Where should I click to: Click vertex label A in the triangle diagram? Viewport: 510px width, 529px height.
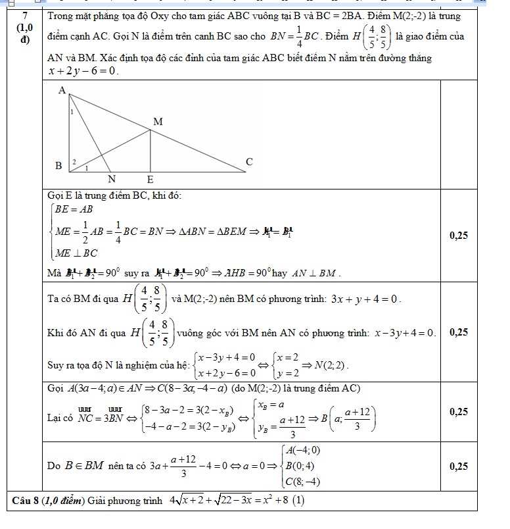63,91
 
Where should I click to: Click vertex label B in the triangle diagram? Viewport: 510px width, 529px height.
58,166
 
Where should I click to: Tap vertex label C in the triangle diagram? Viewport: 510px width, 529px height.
248,161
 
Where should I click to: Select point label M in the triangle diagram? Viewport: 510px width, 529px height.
157,122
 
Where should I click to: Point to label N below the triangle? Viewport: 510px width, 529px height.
111,180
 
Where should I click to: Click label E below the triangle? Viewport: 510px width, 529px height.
150,180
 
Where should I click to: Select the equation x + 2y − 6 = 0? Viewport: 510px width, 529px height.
82,70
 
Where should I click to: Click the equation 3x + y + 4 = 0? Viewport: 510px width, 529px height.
367,299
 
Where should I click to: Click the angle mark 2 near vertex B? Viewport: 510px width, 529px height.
74,161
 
